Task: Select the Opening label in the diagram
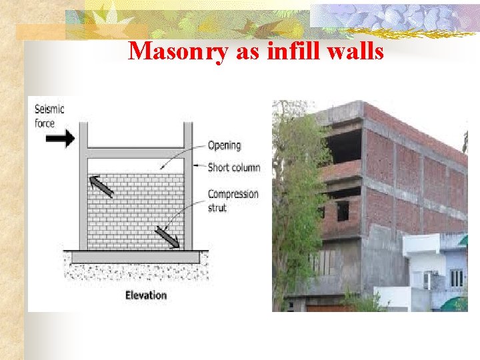pyautogui.click(x=224, y=145)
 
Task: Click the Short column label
pyautogui.click(x=233, y=167)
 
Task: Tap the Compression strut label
pyautogui.click(x=233, y=201)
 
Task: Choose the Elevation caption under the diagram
pyautogui.click(x=146, y=295)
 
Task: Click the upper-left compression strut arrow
pyautogui.click(x=102, y=186)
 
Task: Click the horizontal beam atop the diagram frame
pyautogui.click(x=136, y=153)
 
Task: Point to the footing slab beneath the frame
pyautogui.click(x=135, y=257)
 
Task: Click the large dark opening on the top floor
pyautogui.click(x=345, y=146)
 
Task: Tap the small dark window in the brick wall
pyautogui.click(x=342, y=211)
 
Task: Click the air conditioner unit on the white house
pyautogui.click(x=427, y=280)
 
